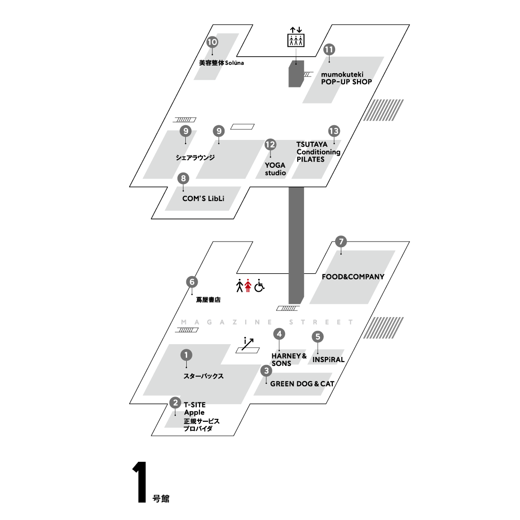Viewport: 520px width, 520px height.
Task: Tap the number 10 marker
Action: pos(212,42)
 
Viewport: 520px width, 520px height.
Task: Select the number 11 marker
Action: pos(329,50)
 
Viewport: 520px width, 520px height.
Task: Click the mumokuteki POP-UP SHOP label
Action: pos(346,78)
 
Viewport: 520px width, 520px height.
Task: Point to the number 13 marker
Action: pos(334,131)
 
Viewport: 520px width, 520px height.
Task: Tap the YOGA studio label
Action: pos(275,169)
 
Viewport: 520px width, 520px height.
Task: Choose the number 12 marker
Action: pos(270,145)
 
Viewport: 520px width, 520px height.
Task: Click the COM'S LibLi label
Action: pos(203,199)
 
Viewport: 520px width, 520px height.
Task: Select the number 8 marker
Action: pos(183,178)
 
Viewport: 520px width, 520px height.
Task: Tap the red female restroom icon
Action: pos(247,286)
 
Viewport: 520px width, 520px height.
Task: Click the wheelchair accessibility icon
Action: pos(259,286)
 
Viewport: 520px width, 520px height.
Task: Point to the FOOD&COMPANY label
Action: pos(353,277)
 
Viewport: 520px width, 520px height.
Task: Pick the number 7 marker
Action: pos(340,242)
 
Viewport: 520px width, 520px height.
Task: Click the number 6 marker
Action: pos(192,282)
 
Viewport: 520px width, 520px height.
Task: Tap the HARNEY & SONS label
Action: pos(289,359)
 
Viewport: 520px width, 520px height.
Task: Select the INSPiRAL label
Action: pos(329,359)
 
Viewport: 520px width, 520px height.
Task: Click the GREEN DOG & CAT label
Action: pos(302,384)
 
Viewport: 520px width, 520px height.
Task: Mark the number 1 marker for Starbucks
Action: pos(187,355)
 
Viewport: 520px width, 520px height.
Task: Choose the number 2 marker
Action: pos(175,403)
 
